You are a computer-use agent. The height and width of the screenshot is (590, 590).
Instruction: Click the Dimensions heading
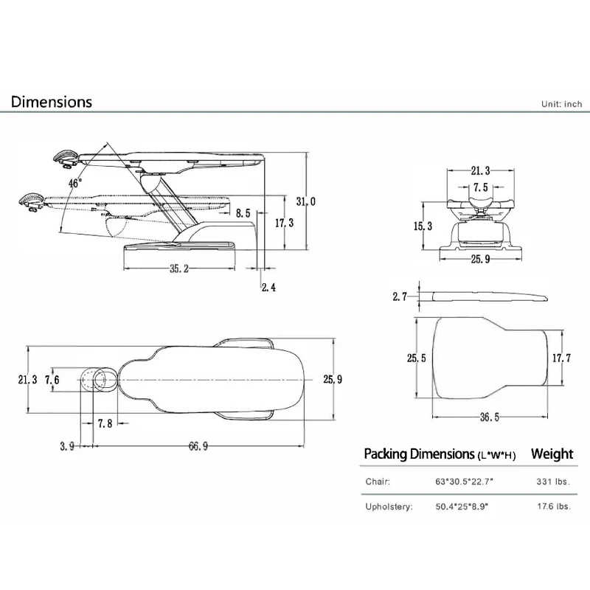(x=52, y=102)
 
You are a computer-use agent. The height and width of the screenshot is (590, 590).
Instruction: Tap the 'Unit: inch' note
(x=562, y=104)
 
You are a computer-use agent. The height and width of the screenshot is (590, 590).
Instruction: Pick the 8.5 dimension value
(x=243, y=214)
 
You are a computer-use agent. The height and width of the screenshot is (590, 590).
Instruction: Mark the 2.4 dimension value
(x=268, y=288)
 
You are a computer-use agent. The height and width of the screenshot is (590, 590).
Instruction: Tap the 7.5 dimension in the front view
(x=480, y=187)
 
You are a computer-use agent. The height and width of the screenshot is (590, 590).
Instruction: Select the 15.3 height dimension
(x=423, y=226)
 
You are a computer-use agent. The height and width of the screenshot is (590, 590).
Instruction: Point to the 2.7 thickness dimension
(x=400, y=296)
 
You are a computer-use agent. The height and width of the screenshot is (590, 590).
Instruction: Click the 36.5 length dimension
(x=490, y=417)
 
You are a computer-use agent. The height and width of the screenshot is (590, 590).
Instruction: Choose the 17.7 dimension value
(x=562, y=358)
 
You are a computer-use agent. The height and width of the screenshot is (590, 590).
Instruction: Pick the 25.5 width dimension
(x=416, y=358)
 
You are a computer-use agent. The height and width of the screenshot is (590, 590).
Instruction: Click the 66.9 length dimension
(x=198, y=445)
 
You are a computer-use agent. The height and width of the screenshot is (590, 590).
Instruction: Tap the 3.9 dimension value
(x=66, y=445)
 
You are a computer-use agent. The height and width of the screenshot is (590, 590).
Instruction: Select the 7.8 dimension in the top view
(x=105, y=423)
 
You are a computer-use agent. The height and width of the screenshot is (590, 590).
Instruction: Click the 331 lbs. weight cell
(x=552, y=481)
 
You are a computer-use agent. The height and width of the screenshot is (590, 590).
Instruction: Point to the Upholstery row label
(x=389, y=507)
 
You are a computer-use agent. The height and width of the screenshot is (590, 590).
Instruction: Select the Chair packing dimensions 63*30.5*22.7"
(x=464, y=481)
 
